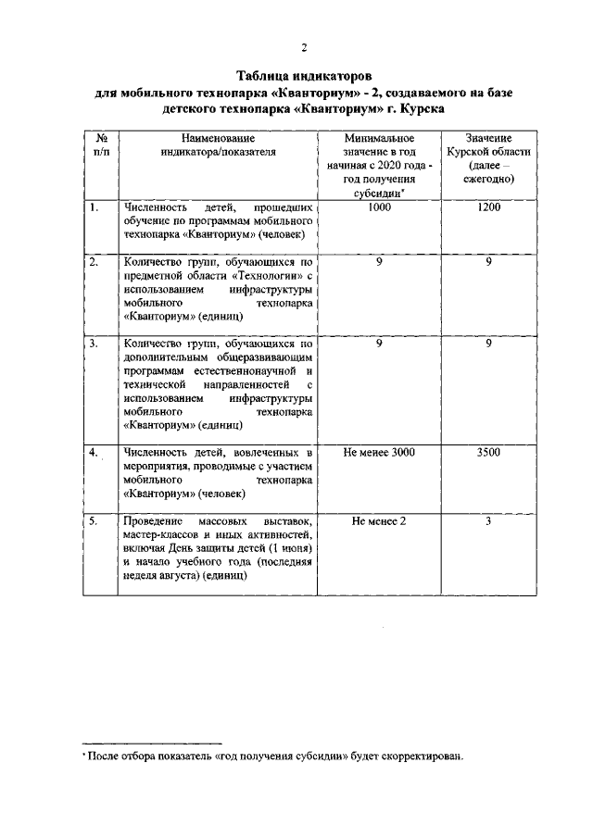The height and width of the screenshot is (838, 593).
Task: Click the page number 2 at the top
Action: tap(302, 48)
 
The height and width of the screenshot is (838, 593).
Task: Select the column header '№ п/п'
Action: tap(100, 144)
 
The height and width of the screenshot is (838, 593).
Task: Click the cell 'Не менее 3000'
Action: tap(380, 452)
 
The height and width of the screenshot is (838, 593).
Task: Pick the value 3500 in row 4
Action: tap(488, 452)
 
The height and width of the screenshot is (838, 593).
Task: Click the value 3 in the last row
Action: tap(488, 522)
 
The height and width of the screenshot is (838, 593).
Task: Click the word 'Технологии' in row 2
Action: tap(275, 276)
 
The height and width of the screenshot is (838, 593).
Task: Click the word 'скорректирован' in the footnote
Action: tap(414, 756)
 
